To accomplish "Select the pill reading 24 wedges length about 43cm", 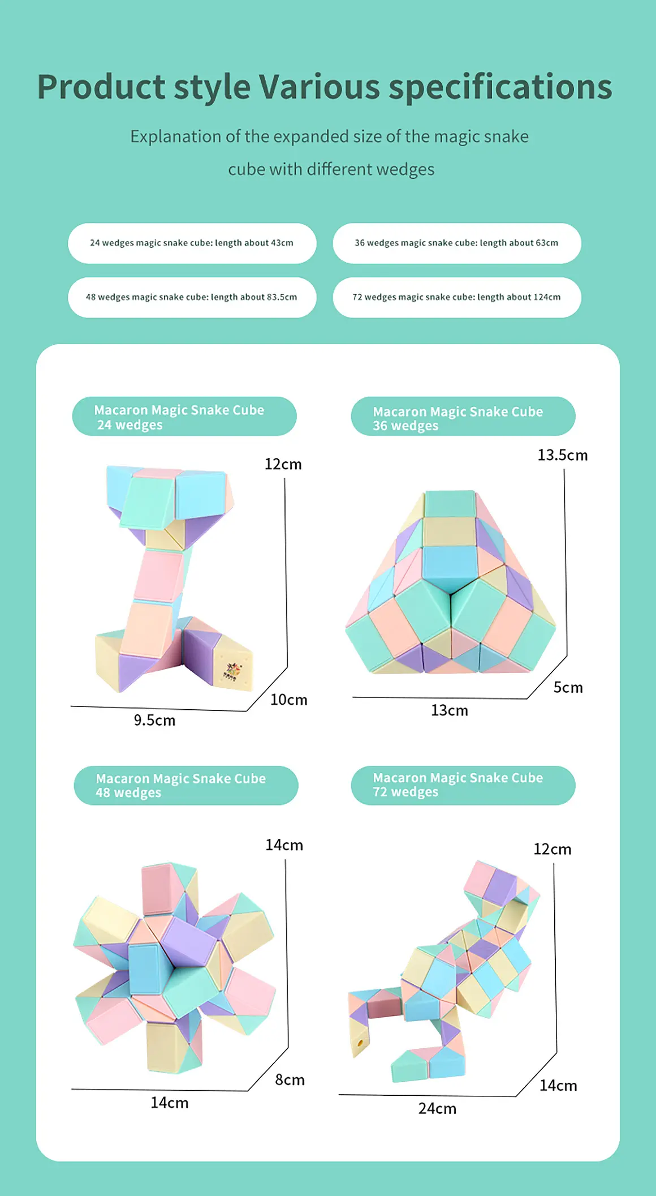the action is point(192,243).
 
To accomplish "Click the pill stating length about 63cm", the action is point(457,243).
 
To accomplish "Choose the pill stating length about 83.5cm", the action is point(192,297).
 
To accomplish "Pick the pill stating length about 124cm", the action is point(457,297).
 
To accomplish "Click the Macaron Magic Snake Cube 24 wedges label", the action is point(184,417).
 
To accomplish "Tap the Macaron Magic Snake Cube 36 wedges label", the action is point(463,417).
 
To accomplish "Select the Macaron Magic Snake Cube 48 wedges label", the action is point(185,785).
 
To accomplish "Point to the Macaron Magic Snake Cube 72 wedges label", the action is point(463,785).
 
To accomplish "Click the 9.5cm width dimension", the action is point(154,721).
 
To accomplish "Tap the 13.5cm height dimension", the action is point(563,455).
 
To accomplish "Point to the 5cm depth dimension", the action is point(568,687).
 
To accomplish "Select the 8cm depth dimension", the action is point(290,1080).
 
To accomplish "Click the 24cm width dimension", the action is point(437,1109).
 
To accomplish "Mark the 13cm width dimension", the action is point(450,710).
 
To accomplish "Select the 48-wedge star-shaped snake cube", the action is point(175,968).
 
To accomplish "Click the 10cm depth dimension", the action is point(289,700).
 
